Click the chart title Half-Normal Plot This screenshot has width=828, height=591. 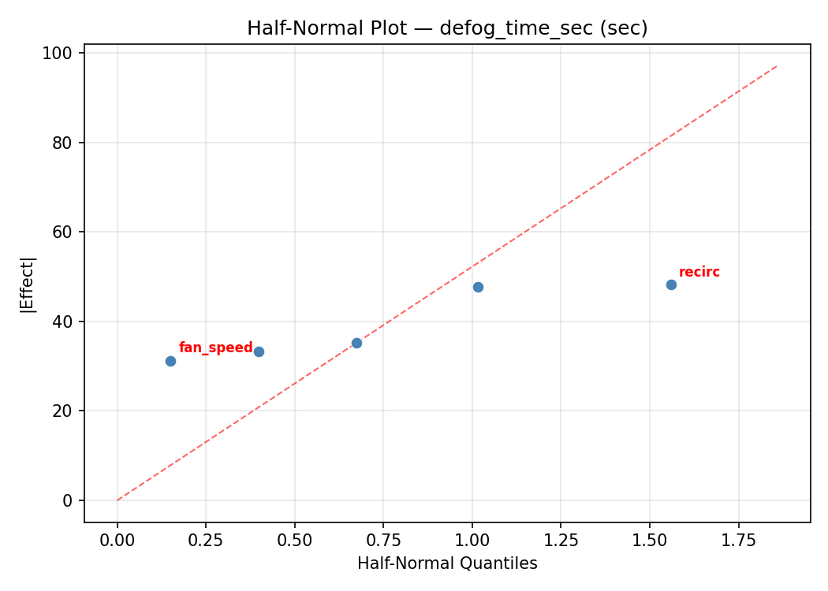click(447, 28)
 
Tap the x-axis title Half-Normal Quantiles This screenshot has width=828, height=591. click(447, 563)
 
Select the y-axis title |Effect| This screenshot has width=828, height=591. click(28, 284)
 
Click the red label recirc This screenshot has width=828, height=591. click(699, 272)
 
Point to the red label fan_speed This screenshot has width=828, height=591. click(215, 348)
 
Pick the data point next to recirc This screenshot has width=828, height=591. click(671, 284)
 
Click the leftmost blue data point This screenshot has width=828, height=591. click(170, 361)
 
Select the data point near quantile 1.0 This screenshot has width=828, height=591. click(478, 287)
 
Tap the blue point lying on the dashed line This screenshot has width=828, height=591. click(356, 343)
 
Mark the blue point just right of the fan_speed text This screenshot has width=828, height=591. click(259, 351)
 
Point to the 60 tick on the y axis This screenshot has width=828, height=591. click(63, 232)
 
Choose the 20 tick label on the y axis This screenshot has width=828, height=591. click(63, 411)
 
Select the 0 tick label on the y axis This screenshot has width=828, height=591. click(68, 500)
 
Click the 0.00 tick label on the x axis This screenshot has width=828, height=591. click(117, 540)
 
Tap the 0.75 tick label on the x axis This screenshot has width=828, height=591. click(383, 540)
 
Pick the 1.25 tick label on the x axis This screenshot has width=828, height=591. click(561, 540)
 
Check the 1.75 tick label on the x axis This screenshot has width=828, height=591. click(738, 540)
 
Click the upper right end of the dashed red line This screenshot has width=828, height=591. click(777, 65)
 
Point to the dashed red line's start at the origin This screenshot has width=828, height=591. click(117, 500)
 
